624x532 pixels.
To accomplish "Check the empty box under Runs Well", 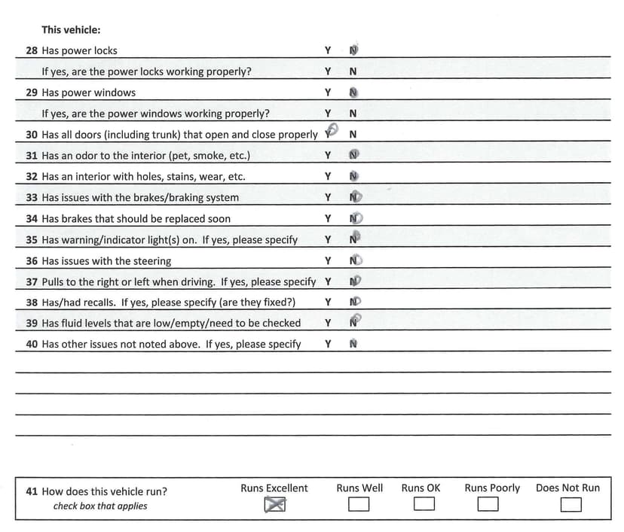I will click(x=359, y=504).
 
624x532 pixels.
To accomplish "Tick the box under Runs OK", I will click(x=424, y=504).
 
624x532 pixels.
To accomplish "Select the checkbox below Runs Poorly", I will click(x=488, y=504).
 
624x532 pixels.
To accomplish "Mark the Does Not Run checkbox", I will click(x=570, y=504).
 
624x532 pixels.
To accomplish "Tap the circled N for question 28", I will click(x=353, y=50).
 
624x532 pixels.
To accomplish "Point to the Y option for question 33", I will click(x=328, y=198).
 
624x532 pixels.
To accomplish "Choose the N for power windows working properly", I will click(x=353, y=114).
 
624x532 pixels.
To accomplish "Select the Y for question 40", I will click(x=328, y=344).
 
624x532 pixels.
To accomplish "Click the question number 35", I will click(x=32, y=240).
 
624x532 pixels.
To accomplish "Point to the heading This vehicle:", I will click(x=71, y=30).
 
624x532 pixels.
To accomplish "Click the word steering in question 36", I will click(x=152, y=261).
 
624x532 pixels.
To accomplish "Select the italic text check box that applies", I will click(x=100, y=506).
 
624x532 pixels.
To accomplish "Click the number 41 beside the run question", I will click(x=32, y=491).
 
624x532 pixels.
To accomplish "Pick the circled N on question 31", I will click(x=354, y=156).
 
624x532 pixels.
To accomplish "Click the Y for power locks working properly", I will click(x=328, y=71).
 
